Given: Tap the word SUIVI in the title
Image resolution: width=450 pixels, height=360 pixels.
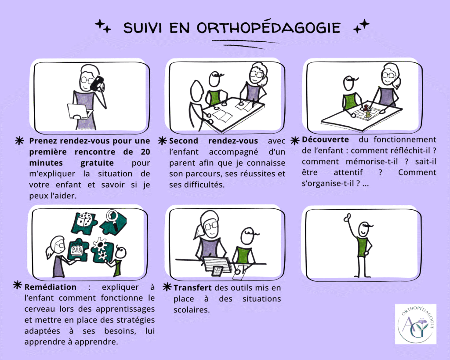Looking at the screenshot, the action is coord(143,28).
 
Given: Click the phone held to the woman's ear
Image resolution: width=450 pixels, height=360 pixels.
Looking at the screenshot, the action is coord(97,83).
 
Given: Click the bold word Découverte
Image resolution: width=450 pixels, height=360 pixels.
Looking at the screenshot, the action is coord(326,139).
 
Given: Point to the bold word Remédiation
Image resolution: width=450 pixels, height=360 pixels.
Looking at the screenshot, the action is coord(51,287).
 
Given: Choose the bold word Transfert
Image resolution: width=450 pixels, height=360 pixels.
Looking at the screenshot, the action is coord(192,287).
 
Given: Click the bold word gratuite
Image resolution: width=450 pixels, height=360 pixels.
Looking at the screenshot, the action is coord(97,163).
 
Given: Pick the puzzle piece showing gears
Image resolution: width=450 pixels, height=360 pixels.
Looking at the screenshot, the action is coord(102,249).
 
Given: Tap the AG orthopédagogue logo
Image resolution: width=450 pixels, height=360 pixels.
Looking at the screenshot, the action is coord(416,324).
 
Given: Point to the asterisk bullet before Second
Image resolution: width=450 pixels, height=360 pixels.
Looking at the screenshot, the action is coord(162,141).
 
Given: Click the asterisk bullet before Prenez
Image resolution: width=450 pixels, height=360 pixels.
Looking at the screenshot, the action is coord(19,141).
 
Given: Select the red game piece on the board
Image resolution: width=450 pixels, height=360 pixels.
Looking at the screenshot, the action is coord(366,108).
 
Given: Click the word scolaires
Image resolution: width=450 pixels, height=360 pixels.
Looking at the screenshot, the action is coord(192,310).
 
